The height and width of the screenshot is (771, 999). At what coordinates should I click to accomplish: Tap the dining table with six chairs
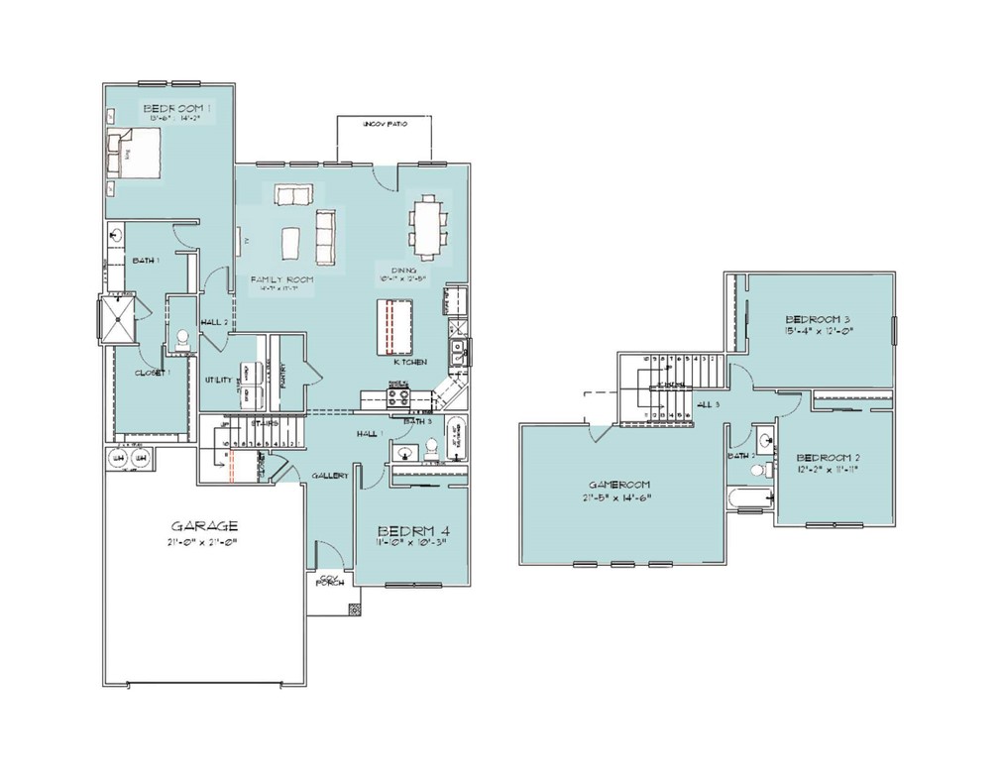click(x=428, y=222)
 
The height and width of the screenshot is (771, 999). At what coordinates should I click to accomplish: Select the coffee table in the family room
click(x=291, y=242)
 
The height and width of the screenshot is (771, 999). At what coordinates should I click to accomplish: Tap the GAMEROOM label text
click(x=615, y=484)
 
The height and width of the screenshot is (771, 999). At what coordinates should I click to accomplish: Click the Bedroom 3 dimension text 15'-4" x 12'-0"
click(x=819, y=331)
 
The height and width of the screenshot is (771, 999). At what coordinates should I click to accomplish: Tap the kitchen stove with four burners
click(x=397, y=397)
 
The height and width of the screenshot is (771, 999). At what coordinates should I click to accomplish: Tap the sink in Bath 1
click(x=117, y=236)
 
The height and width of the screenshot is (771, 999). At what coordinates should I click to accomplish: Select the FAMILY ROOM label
click(x=281, y=280)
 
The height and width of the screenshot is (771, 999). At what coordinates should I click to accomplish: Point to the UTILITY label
click(x=218, y=380)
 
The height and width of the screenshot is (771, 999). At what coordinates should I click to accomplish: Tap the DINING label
click(x=401, y=270)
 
